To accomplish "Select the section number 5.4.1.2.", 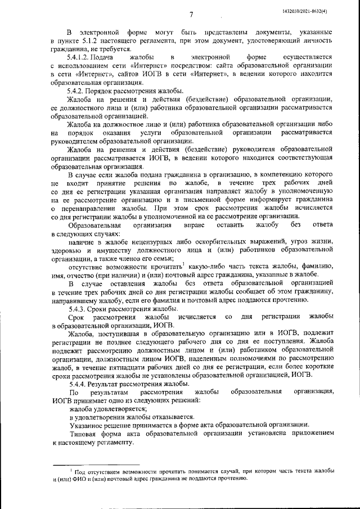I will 80,58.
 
